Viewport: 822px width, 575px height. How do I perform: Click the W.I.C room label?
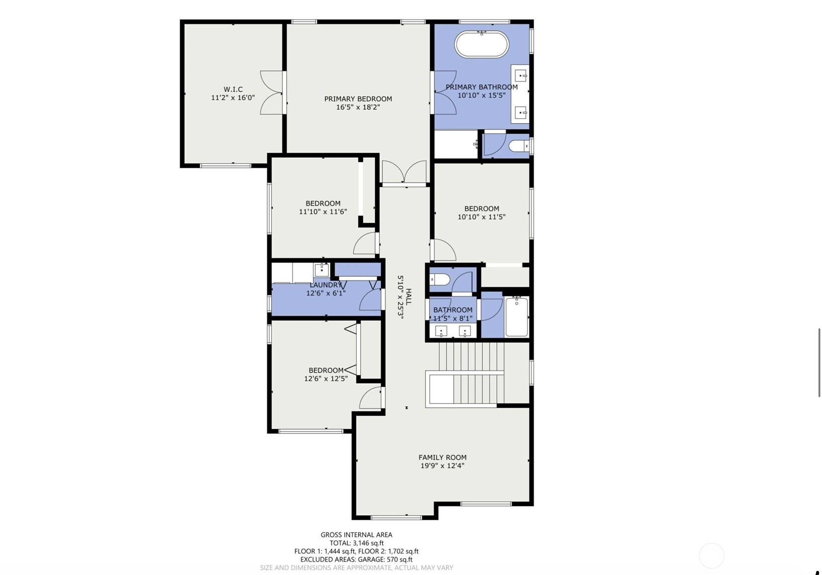tap(233, 89)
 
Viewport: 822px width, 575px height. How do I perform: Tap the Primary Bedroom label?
tap(358, 99)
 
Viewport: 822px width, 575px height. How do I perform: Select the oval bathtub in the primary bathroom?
tap(481, 44)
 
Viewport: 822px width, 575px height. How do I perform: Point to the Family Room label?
tap(443, 457)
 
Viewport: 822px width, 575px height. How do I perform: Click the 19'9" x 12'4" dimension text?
tap(443, 466)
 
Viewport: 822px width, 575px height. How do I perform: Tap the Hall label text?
tap(409, 296)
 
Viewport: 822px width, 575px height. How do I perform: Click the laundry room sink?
tap(321, 270)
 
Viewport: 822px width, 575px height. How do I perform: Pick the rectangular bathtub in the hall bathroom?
tap(517, 317)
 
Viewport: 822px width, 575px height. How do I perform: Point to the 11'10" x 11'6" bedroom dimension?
tap(323, 212)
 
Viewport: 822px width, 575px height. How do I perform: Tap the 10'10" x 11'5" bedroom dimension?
tap(481, 217)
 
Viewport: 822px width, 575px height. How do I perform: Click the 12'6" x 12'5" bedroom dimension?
tap(326, 378)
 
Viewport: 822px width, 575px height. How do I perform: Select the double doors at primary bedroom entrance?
tap(404, 172)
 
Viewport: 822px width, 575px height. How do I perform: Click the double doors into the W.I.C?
tap(272, 92)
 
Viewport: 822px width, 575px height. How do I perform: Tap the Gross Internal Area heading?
tap(356, 535)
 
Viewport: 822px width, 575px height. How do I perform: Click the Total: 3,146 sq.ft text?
tap(357, 543)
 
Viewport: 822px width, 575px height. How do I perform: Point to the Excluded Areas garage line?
tap(356, 560)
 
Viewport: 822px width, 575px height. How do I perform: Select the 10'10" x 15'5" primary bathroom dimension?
tap(481, 95)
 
